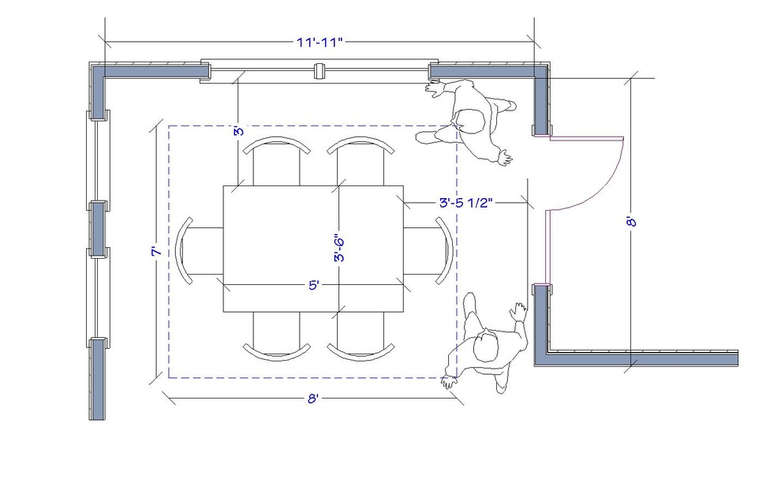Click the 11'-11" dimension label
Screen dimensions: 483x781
pyautogui.click(x=320, y=43)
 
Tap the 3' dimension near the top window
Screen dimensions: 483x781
pyautogui.click(x=237, y=131)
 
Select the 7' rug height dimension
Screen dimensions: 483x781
pyautogui.click(x=157, y=252)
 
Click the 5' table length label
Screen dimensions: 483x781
pyautogui.click(x=313, y=286)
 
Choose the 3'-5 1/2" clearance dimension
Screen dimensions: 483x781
pyautogui.click(x=465, y=203)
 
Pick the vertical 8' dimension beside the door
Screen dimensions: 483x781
pyautogui.click(x=631, y=223)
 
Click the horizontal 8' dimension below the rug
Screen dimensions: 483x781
pyautogui.click(x=312, y=399)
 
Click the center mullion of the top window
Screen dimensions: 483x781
pyautogui.click(x=320, y=71)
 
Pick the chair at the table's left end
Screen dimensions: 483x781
pyautogui.click(x=193, y=251)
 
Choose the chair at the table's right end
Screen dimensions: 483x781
pyautogui.click(x=436, y=251)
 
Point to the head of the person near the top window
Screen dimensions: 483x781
pyautogui.click(x=472, y=121)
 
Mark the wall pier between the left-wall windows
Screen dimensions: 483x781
pyautogui.click(x=97, y=229)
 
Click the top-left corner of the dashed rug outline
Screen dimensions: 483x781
pyautogui.click(x=169, y=125)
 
